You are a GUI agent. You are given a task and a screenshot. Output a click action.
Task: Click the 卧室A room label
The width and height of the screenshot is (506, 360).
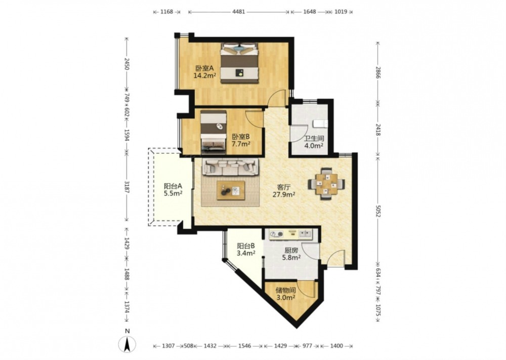[204, 68]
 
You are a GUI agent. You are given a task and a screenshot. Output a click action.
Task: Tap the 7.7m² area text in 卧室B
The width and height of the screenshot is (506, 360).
[241, 144]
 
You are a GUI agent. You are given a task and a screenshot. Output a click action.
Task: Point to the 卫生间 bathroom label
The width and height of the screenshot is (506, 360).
[314, 139]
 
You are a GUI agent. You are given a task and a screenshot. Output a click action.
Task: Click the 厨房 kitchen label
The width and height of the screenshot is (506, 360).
[291, 250]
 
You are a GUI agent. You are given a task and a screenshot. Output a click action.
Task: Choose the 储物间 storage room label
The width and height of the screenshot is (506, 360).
[285, 290]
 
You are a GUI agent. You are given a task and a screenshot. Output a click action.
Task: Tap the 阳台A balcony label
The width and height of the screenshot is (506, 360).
[173, 186]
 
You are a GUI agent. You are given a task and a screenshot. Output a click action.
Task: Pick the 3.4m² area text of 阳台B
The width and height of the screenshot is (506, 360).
[246, 253]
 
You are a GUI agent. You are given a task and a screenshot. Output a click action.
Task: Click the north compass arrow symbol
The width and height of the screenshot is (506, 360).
[128, 344]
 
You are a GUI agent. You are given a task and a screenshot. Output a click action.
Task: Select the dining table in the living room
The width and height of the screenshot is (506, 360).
[326, 184]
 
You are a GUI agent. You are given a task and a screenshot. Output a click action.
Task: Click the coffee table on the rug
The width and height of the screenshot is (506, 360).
[231, 190]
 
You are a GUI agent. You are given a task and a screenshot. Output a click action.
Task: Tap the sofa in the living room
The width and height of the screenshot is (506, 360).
[230, 166]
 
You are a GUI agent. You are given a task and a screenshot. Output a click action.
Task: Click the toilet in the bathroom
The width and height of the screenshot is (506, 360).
[320, 124]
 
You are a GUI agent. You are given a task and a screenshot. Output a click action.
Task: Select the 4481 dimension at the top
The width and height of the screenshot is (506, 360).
[239, 12]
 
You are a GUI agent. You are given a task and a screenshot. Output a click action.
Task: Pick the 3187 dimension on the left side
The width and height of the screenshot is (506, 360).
[126, 187]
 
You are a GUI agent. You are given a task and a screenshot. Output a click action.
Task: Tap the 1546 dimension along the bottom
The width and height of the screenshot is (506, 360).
[244, 346]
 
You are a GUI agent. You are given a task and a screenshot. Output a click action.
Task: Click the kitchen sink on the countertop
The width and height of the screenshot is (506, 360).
[305, 233]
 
